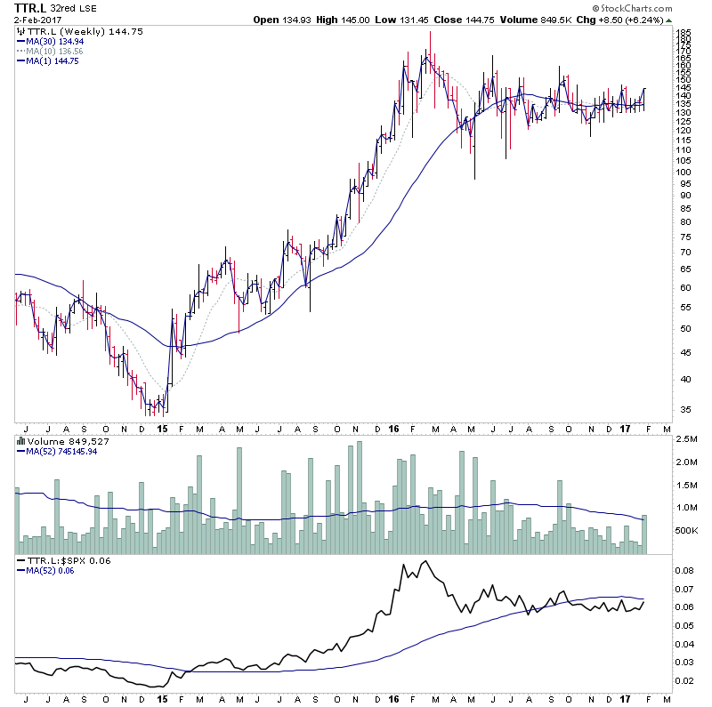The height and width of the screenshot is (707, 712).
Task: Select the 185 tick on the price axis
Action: (684, 33)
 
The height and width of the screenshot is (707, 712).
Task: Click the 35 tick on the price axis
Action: (684, 410)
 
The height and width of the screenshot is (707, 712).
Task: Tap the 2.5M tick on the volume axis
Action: (685, 440)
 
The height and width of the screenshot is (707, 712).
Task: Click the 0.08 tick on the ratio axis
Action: (684, 571)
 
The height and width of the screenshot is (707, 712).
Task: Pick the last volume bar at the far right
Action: (644, 534)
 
